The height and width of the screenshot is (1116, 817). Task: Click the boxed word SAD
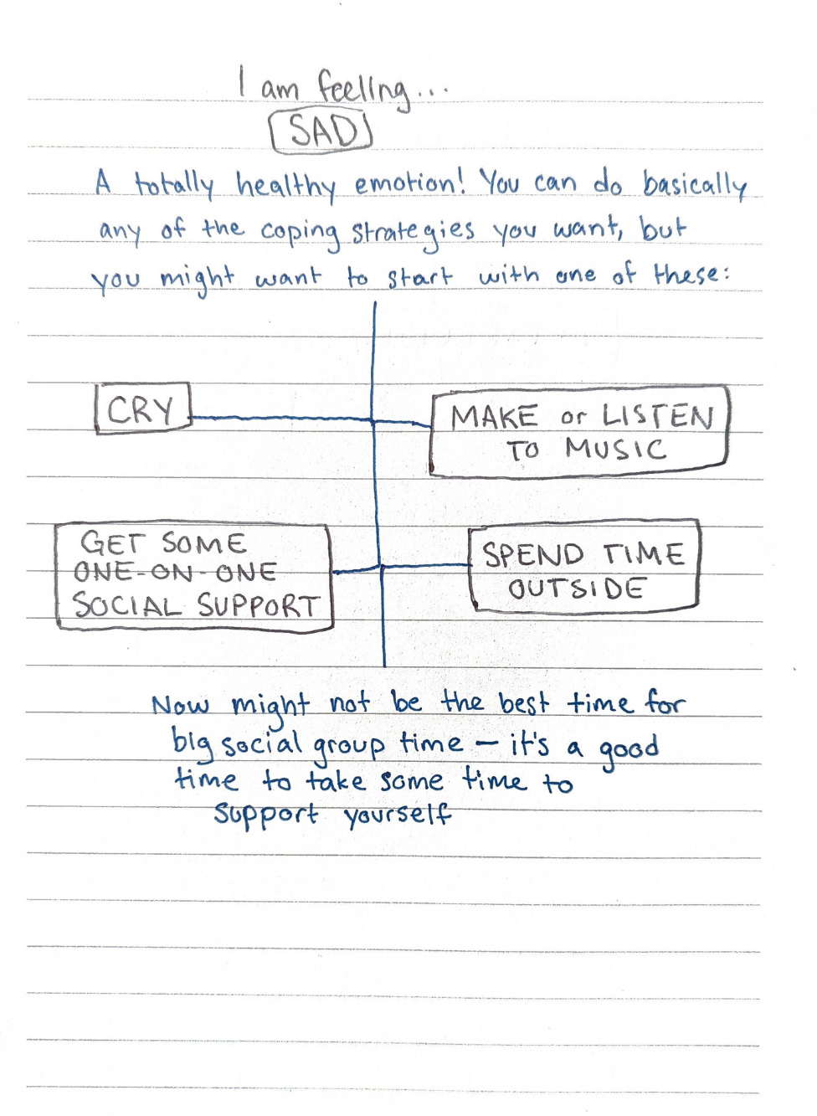pos(321,131)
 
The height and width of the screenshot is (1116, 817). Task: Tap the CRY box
pos(141,409)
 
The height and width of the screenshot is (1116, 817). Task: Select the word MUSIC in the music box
pos(615,450)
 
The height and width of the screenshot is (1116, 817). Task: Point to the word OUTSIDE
pos(576,589)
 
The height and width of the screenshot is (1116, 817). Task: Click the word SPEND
pos(532,554)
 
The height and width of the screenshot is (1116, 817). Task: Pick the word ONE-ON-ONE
pos(175,573)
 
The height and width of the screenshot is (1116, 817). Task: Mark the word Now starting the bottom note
pos(180,705)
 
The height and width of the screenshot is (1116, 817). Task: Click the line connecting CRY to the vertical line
pos(282,417)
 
